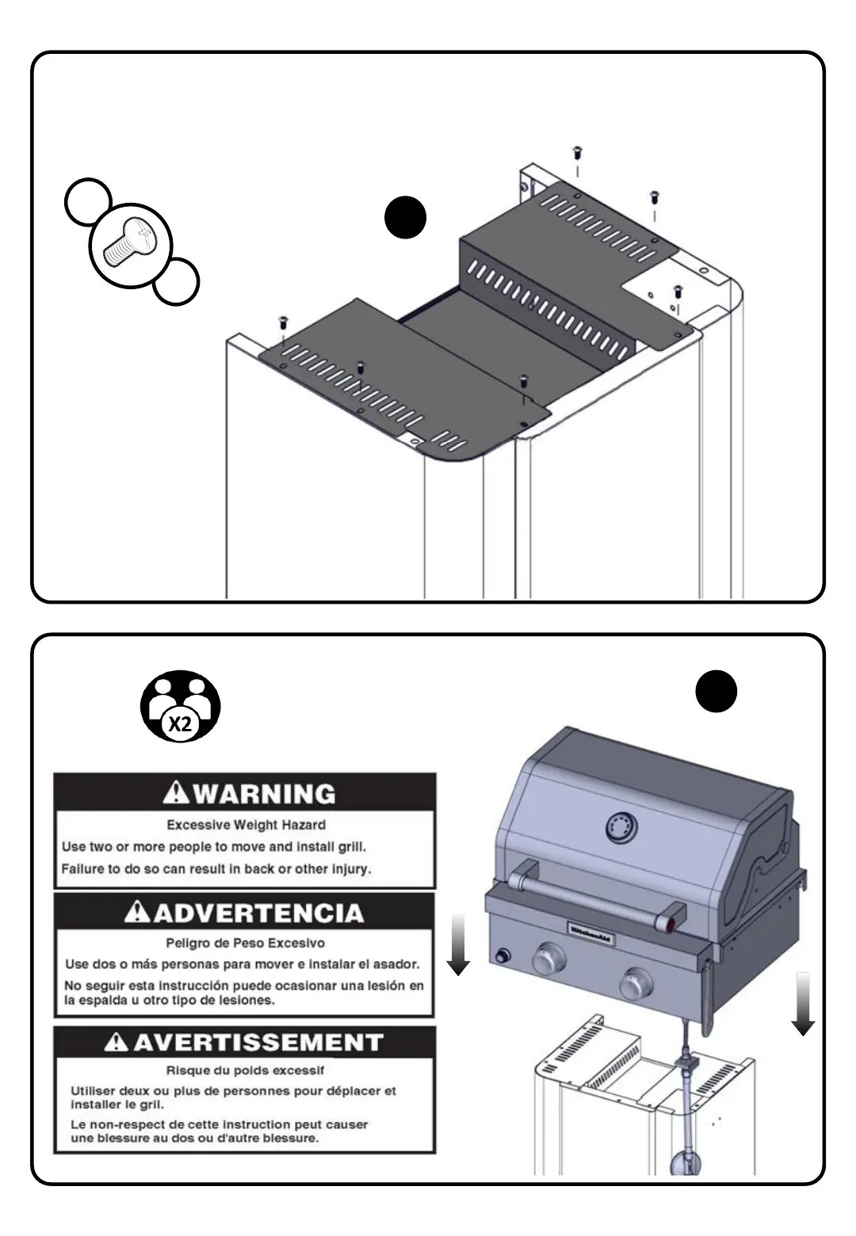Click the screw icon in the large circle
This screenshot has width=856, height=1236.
tap(129, 243)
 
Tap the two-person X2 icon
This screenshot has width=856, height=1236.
tap(180, 706)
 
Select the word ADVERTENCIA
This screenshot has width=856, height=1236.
tap(258, 913)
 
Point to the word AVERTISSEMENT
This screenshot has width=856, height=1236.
tap(258, 1042)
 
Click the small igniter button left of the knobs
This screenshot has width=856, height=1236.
tap(501, 956)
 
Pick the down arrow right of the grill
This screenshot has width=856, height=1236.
tap(803, 1003)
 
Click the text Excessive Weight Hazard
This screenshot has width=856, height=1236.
tap(246, 825)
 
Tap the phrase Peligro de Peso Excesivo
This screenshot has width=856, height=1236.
tap(245, 943)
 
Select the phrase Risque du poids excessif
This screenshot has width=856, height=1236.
tap(245, 1070)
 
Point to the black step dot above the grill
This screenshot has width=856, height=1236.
tap(716, 691)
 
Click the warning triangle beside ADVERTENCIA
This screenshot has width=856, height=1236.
tap(138, 913)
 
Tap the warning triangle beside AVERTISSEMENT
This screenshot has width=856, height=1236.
tap(117, 1042)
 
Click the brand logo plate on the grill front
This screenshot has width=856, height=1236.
tap(593, 933)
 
